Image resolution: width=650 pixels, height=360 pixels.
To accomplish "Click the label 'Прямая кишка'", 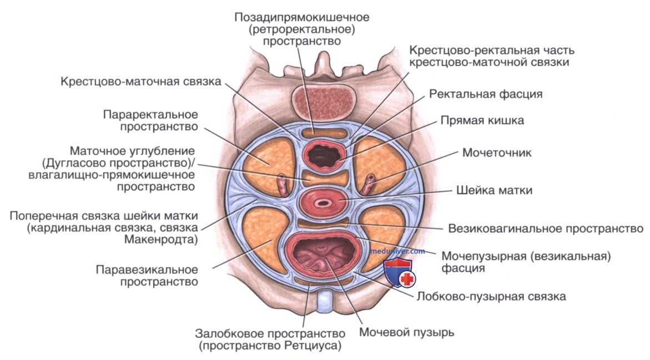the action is (x=482, y=120).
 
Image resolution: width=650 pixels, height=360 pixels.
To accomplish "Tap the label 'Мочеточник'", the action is (x=497, y=153).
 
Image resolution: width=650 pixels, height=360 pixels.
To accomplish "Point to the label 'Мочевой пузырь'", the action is (x=407, y=332).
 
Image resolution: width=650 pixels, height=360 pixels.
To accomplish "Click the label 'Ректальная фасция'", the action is (x=486, y=94).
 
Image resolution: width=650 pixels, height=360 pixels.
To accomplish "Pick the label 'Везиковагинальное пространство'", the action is (x=546, y=229).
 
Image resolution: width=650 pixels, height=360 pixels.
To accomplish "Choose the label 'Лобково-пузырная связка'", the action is (x=491, y=296).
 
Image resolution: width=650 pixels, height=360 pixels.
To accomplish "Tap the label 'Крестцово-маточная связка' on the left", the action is (x=141, y=81).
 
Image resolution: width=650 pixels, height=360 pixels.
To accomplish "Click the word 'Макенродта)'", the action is (x=161, y=240).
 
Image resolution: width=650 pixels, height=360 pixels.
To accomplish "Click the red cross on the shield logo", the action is (x=407, y=279).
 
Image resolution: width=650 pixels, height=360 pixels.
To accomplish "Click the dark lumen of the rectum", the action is (x=323, y=155).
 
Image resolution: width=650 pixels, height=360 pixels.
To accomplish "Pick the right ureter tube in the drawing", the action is (x=367, y=184).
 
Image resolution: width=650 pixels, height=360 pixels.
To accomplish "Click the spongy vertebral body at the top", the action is (x=324, y=102).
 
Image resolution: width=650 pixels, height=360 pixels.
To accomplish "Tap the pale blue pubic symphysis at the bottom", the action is (x=325, y=302).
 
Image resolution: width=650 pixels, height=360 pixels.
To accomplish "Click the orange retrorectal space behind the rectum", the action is (x=323, y=133).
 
